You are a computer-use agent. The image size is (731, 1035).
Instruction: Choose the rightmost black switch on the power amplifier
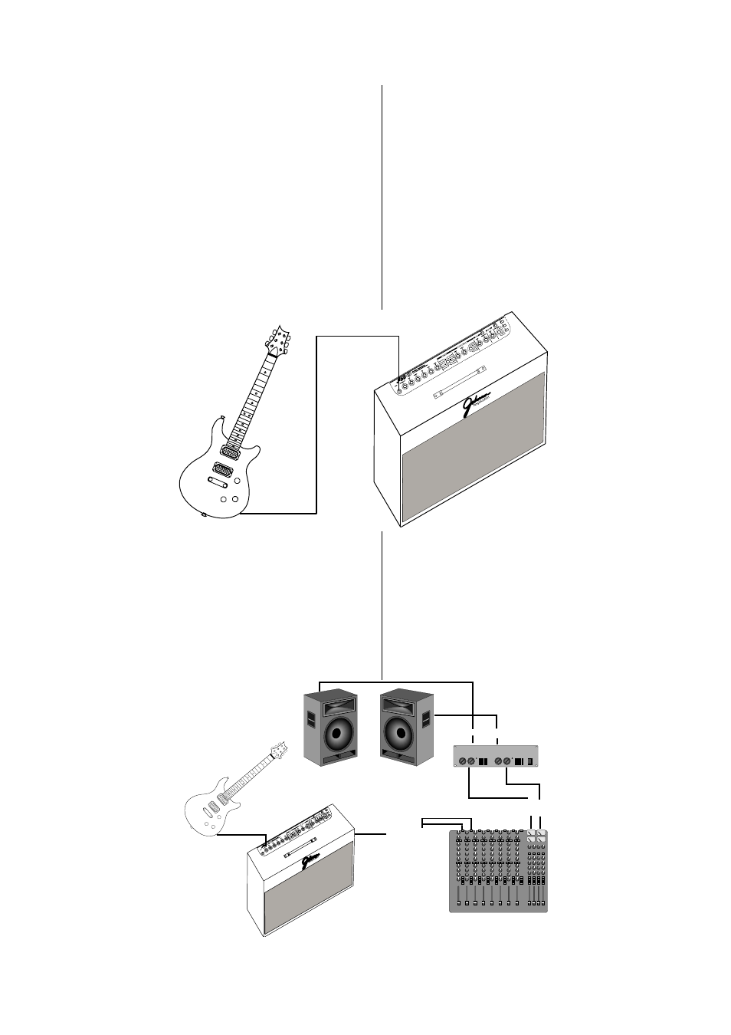coord(529,761)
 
